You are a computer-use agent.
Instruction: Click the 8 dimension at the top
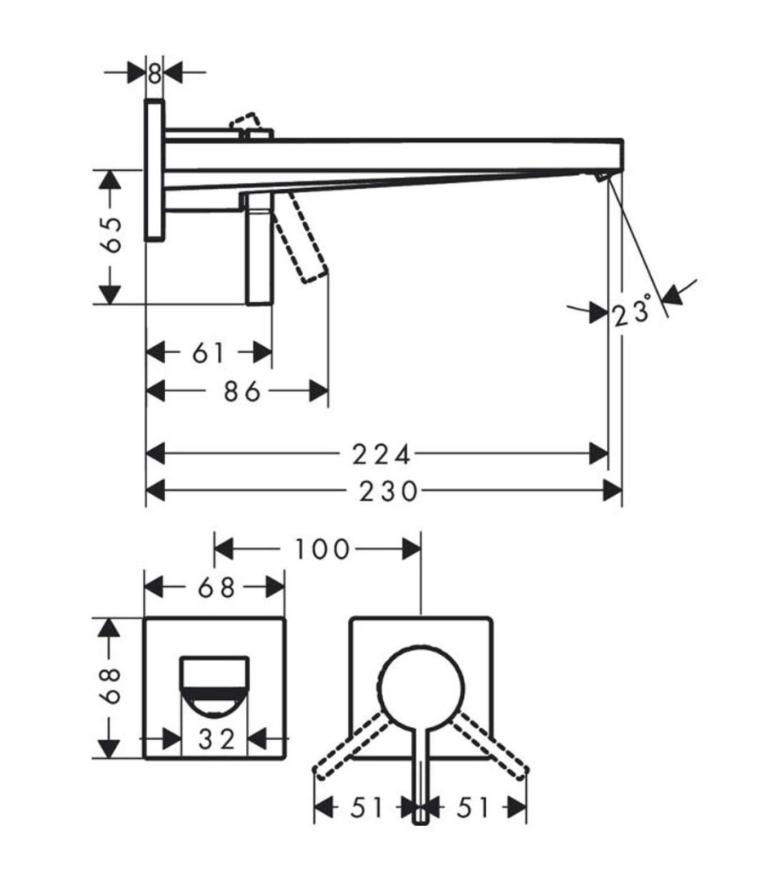pos(155,73)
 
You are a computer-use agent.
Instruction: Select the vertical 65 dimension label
pos(113,235)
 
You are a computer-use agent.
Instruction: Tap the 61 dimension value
pos(209,353)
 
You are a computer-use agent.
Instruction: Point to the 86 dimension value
pos(242,391)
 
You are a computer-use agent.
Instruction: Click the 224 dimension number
pos(382,455)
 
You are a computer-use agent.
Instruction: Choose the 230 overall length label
pos(388,492)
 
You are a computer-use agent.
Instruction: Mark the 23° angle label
pos(632,311)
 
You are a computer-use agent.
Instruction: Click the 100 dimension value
pos(322,550)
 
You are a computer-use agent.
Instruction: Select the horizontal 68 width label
pos(216,588)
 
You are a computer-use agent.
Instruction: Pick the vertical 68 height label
pos(113,686)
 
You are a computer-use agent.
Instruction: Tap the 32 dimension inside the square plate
pos(217,739)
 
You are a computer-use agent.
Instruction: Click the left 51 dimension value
pos(367,808)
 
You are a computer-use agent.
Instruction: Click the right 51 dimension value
pos(473,808)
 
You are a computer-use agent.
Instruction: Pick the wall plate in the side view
pos(155,170)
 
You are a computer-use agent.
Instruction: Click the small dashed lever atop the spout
pos(244,122)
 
